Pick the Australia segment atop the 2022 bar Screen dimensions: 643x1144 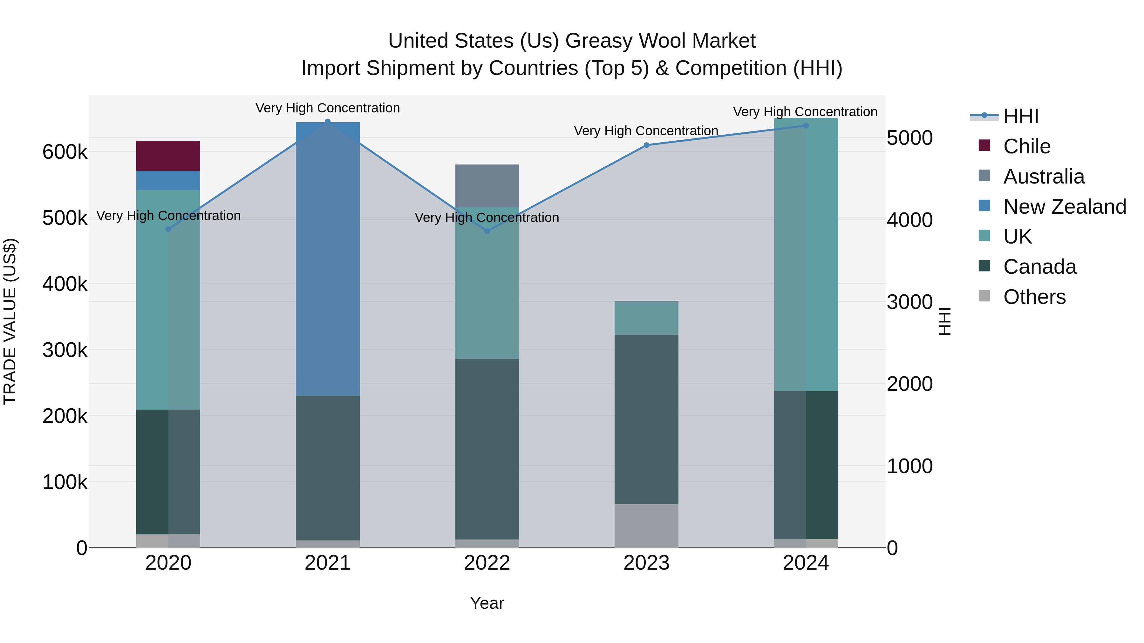click(487, 185)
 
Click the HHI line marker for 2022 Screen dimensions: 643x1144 click(487, 231)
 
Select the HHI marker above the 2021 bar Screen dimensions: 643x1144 click(327, 121)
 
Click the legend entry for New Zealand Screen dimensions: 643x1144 click(1064, 206)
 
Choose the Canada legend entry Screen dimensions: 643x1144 click(1039, 267)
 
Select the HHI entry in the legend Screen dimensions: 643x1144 click(1020, 116)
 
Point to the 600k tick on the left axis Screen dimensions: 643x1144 click(65, 152)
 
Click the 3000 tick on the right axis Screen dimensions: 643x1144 click(909, 302)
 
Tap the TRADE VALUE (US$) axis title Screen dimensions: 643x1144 click(10, 321)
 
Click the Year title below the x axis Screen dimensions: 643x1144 click(487, 603)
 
